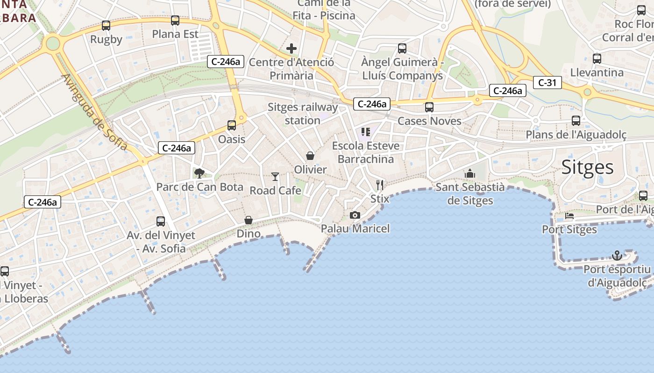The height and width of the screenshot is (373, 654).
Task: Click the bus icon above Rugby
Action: coord(106,26)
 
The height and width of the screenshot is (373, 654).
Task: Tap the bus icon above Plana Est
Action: coord(175,21)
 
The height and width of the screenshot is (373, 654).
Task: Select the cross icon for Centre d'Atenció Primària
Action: coord(291,48)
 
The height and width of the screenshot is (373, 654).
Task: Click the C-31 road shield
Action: coord(547,83)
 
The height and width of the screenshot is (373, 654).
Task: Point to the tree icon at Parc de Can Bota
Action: coord(199,173)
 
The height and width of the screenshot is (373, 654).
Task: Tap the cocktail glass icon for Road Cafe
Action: coord(275,176)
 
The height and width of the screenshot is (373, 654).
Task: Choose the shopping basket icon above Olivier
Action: coord(310,156)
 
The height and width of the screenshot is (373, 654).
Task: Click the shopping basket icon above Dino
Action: coord(249,220)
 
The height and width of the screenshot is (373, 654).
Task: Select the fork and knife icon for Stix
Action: coord(380,185)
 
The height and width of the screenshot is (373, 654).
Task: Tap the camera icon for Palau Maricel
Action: coord(355,215)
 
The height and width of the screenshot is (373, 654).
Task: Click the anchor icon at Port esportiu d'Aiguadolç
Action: coord(617,256)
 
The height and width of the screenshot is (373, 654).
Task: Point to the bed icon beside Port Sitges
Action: coord(569,216)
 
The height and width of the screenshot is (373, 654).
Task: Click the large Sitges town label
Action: coord(587,167)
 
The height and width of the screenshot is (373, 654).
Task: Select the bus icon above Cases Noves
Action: coord(429,107)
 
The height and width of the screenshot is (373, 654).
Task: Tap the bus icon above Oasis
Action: coord(232,125)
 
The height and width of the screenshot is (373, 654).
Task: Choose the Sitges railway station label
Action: coord(303,114)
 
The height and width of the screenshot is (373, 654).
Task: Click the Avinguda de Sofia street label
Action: coord(94,112)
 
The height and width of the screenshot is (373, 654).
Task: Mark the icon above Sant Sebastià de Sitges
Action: coord(470,174)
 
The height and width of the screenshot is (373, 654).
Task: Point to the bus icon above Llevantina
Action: coord(597,59)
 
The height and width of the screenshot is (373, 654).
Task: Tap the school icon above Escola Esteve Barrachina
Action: coord(366,132)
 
